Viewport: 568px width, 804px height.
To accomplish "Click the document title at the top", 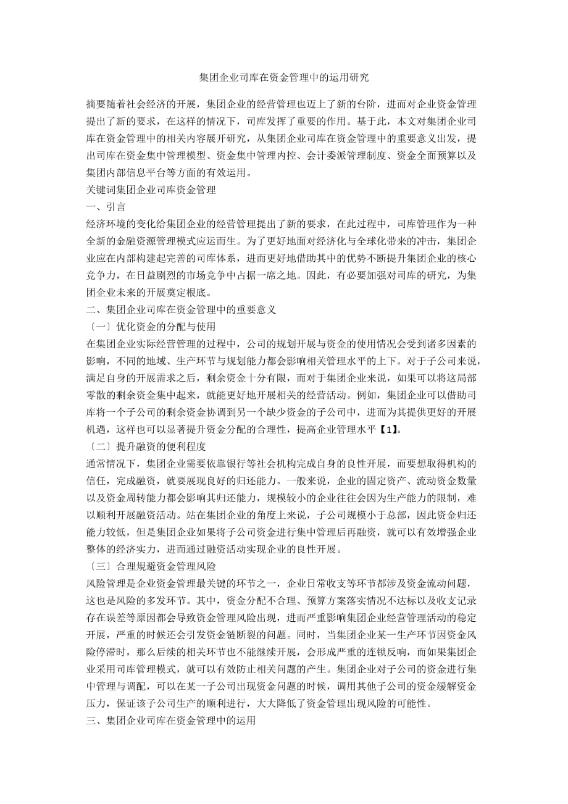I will pos(284,78).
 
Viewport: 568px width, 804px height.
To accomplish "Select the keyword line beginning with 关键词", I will pos(151,190).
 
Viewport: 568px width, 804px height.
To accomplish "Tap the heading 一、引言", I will pos(106,207).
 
